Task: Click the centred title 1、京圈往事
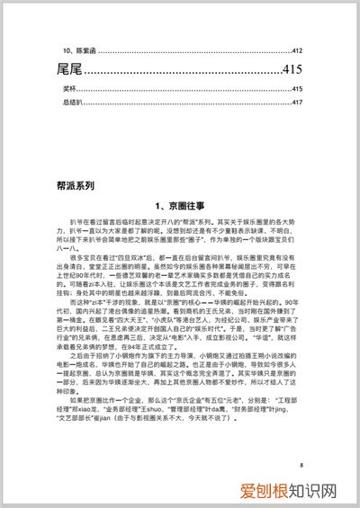point(180,206)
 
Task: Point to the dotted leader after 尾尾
point(180,72)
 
